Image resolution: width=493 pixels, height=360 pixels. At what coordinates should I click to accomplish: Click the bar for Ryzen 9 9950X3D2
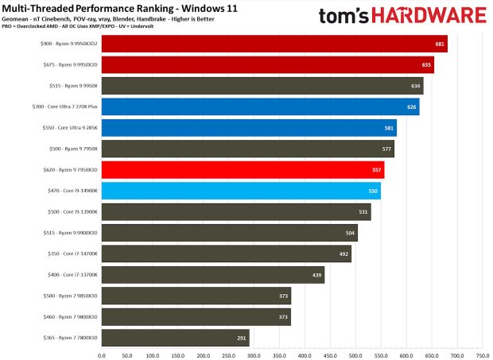(274, 44)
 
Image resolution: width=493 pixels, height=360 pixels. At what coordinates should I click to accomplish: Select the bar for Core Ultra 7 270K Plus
(260, 106)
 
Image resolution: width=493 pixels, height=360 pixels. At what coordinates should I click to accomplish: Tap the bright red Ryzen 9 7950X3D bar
(243, 169)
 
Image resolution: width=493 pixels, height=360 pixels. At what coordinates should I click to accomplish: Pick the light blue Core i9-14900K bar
(241, 191)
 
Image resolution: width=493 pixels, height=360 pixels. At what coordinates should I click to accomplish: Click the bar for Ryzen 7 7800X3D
(175, 337)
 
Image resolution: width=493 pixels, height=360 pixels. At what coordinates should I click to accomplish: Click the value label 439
(316, 275)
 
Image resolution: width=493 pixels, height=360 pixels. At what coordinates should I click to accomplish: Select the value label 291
(241, 338)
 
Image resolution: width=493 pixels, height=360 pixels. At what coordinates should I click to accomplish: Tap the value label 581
(388, 128)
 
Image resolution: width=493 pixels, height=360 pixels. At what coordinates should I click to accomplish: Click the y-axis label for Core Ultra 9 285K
(70, 128)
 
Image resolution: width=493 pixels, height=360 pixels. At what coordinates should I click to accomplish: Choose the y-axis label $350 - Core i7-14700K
(72, 254)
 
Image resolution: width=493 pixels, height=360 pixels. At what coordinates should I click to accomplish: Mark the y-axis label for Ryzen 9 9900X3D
(70, 233)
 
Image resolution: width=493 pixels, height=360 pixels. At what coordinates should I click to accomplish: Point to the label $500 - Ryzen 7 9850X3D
(70, 296)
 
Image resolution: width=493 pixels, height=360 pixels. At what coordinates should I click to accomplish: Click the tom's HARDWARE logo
(402, 15)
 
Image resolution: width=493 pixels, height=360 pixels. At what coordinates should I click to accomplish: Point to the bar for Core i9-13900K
(236, 211)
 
